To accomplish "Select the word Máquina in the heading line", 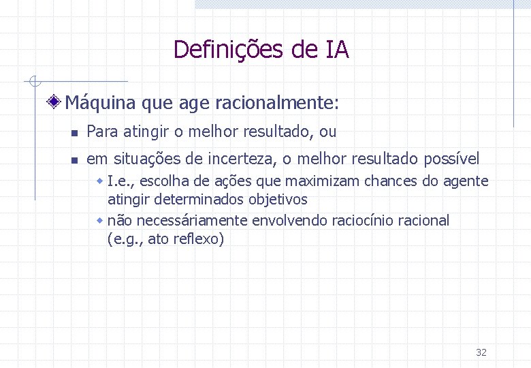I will [x=101, y=103].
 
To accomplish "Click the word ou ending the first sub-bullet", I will [x=328, y=132].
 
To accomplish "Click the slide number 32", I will [x=481, y=352].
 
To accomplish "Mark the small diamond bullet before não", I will [x=100, y=221].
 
